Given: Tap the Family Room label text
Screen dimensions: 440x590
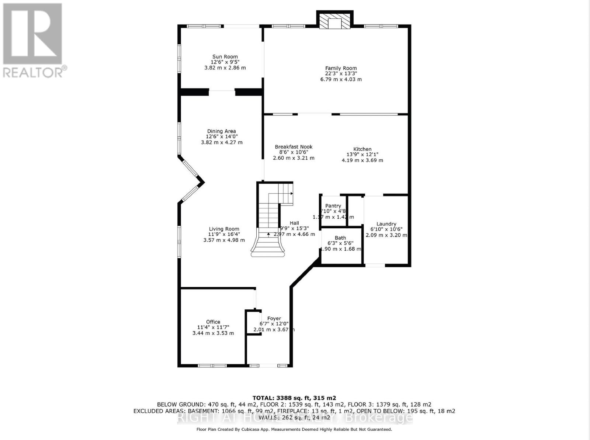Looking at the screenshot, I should point(341,68).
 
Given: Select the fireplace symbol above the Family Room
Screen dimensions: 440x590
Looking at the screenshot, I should point(335,22).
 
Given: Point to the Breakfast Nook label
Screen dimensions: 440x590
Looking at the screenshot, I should point(294,147).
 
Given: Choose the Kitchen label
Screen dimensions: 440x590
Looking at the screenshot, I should point(362,149).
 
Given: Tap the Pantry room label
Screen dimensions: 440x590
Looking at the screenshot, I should point(333,206).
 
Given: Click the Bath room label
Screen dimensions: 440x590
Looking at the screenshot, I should point(340,238).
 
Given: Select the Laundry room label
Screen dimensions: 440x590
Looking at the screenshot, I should point(386,224).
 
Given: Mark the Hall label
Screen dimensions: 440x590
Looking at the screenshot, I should point(294,223).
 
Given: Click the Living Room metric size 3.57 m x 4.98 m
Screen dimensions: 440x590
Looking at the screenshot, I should point(224,240).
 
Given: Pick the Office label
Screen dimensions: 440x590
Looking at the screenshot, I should point(213,322).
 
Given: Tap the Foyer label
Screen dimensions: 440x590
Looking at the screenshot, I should point(274,318).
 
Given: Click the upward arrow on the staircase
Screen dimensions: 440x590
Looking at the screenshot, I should point(268,234).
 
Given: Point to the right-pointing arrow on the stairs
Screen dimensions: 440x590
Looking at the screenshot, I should point(291,193).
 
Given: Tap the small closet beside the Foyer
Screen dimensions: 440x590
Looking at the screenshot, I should point(254,323).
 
